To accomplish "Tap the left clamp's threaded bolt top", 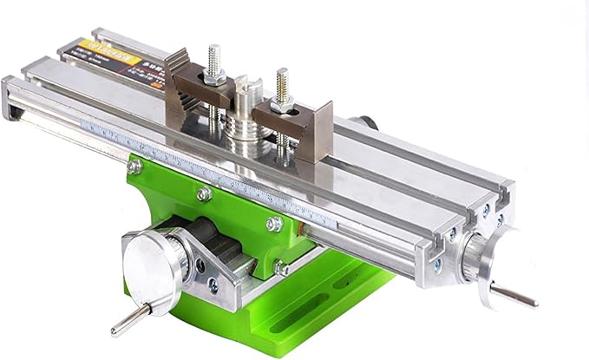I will tap(214, 54).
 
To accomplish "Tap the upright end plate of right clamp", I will tap(323, 130).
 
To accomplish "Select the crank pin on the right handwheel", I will tap(512, 295).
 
